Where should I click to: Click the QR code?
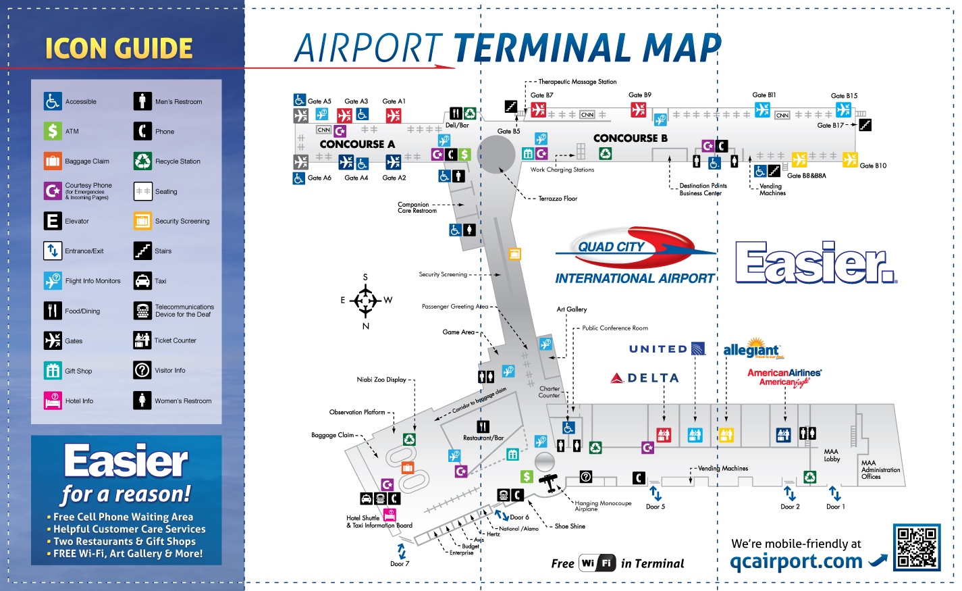916,547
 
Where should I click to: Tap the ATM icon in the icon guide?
53,130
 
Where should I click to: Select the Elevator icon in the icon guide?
53,221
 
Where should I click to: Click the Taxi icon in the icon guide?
142,280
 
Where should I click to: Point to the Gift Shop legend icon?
53,370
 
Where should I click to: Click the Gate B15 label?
844,96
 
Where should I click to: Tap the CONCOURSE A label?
357,144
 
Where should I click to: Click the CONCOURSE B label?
630,138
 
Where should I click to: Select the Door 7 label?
400,563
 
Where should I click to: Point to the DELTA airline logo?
645,378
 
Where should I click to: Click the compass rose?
365,300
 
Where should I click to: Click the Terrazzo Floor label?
558,199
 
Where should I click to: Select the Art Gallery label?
572,309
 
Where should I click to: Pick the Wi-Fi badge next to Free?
597,563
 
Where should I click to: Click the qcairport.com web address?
796,561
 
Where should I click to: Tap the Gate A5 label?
319,101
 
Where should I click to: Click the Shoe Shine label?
570,526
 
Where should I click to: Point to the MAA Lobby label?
832,455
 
